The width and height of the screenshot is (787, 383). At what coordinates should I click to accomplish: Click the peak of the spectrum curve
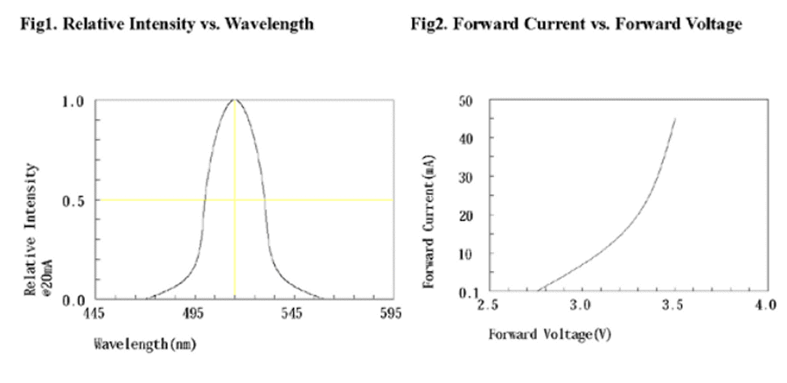point(234,100)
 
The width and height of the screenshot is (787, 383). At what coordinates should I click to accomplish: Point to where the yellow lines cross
point(234,200)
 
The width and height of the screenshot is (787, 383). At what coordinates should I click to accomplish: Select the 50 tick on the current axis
point(468,101)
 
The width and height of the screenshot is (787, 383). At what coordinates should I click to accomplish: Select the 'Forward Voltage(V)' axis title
point(538,335)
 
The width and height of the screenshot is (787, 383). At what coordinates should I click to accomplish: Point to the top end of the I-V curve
point(675,119)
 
